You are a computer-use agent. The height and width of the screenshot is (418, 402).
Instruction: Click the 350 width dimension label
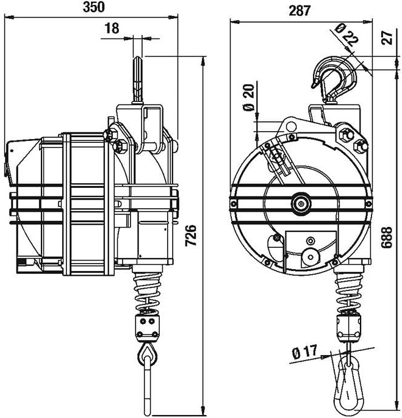93,7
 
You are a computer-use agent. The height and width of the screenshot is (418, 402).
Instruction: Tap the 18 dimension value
112,29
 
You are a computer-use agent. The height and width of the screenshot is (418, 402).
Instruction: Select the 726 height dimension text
191,235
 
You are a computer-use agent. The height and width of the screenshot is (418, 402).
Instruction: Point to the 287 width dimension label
300,10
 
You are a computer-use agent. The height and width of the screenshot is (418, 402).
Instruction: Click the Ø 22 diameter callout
346,35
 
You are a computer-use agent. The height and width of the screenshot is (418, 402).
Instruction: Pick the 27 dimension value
387,38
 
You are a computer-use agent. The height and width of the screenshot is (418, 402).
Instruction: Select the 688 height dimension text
386,237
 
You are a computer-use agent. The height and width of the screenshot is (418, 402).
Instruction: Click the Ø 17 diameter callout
304,352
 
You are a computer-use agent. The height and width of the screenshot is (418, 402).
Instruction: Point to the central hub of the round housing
301,204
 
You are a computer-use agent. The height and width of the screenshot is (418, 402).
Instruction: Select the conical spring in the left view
147,290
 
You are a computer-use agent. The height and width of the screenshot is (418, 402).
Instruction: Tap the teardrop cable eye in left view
148,355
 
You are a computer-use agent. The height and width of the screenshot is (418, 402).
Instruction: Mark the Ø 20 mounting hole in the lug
292,126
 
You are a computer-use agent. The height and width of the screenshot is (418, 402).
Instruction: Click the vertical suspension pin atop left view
138,79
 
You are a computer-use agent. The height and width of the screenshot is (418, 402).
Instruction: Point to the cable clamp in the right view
349,327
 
